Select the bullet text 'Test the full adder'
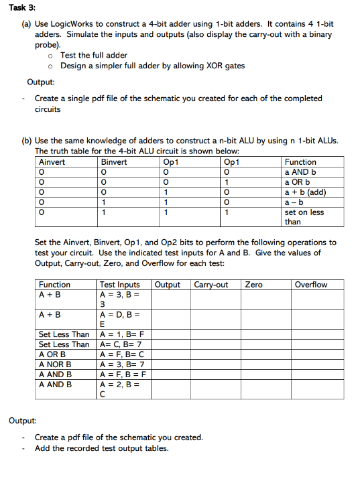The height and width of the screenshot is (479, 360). [x=94, y=56]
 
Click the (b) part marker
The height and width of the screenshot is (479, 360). [x=27, y=140]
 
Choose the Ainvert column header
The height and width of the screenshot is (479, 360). [x=52, y=161]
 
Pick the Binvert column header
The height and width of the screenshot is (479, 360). [x=114, y=161]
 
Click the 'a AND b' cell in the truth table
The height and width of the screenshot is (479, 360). [x=300, y=172]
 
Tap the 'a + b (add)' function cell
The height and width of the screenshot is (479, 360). [x=306, y=192]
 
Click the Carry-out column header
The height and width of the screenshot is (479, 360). [x=211, y=285]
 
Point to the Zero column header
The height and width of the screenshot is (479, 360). [x=254, y=285]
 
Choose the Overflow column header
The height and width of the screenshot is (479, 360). [x=311, y=285]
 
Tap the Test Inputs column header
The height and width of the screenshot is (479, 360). [x=120, y=285]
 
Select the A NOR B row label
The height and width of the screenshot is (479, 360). [x=55, y=364]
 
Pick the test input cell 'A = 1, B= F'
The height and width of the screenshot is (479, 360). [x=122, y=334]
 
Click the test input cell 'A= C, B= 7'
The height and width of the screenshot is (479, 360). [x=121, y=344]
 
